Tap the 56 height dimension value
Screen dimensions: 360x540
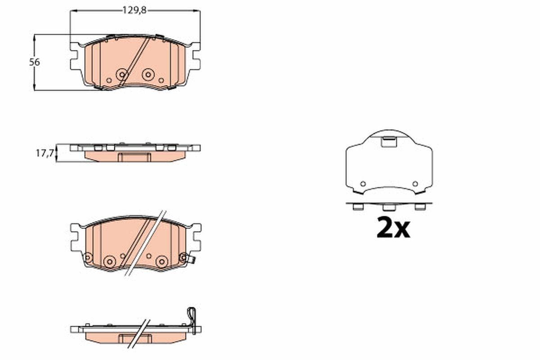click(35, 63)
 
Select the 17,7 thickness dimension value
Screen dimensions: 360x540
click(45, 153)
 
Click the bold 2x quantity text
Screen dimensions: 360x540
click(393, 228)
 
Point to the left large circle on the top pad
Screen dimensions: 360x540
click(121, 75)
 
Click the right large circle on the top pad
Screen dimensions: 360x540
click(148, 75)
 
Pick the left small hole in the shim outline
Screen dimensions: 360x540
click(363, 184)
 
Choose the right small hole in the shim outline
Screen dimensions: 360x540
click(415, 184)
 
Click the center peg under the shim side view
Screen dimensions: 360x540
click(389, 207)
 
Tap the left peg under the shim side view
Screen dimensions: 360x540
click(358, 207)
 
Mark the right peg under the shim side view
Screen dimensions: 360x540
click(420, 207)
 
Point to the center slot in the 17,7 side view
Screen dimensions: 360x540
click(135, 157)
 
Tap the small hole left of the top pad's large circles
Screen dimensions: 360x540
click(108, 80)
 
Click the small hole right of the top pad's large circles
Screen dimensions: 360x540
click(161, 80)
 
